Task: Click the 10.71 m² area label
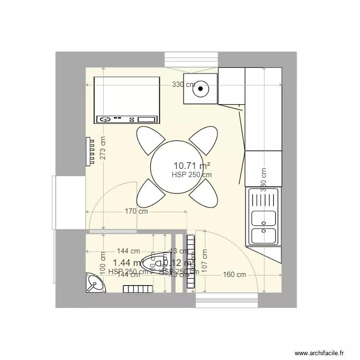(191, 166)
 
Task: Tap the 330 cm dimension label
(184, 85)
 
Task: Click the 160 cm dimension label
(235, 275)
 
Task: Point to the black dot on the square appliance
(201, 88)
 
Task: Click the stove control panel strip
(127, 119)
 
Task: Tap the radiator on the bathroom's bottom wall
(138, 288)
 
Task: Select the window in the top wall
(191, 60)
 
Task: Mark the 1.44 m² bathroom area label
(127, 263)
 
